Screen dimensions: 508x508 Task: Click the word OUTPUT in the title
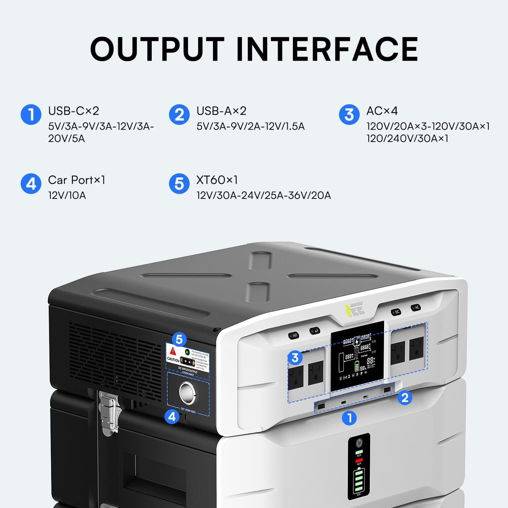[x=157, y=49]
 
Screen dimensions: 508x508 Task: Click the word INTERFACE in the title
[x=327, y=49]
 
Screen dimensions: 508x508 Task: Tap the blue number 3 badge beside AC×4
[x=349, y=114]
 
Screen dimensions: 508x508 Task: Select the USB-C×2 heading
[x=73, y=111]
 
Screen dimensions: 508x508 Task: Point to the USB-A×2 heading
[x=221, y=111]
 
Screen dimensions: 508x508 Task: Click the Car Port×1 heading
[x=77, y=180]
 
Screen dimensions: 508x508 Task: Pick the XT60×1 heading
[x=217, y=180]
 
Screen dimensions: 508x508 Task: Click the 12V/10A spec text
[x=67, y=195]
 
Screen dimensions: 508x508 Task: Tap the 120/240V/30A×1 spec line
[x=407, y=139]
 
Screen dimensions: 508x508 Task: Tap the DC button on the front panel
[x=397, y=312]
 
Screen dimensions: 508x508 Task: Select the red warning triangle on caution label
[x=173, y=351]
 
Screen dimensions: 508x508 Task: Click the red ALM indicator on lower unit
[x=359, y=460]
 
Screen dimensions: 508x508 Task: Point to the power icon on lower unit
[x=359, y=443]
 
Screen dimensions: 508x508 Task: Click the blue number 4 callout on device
[x=172, y=416]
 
